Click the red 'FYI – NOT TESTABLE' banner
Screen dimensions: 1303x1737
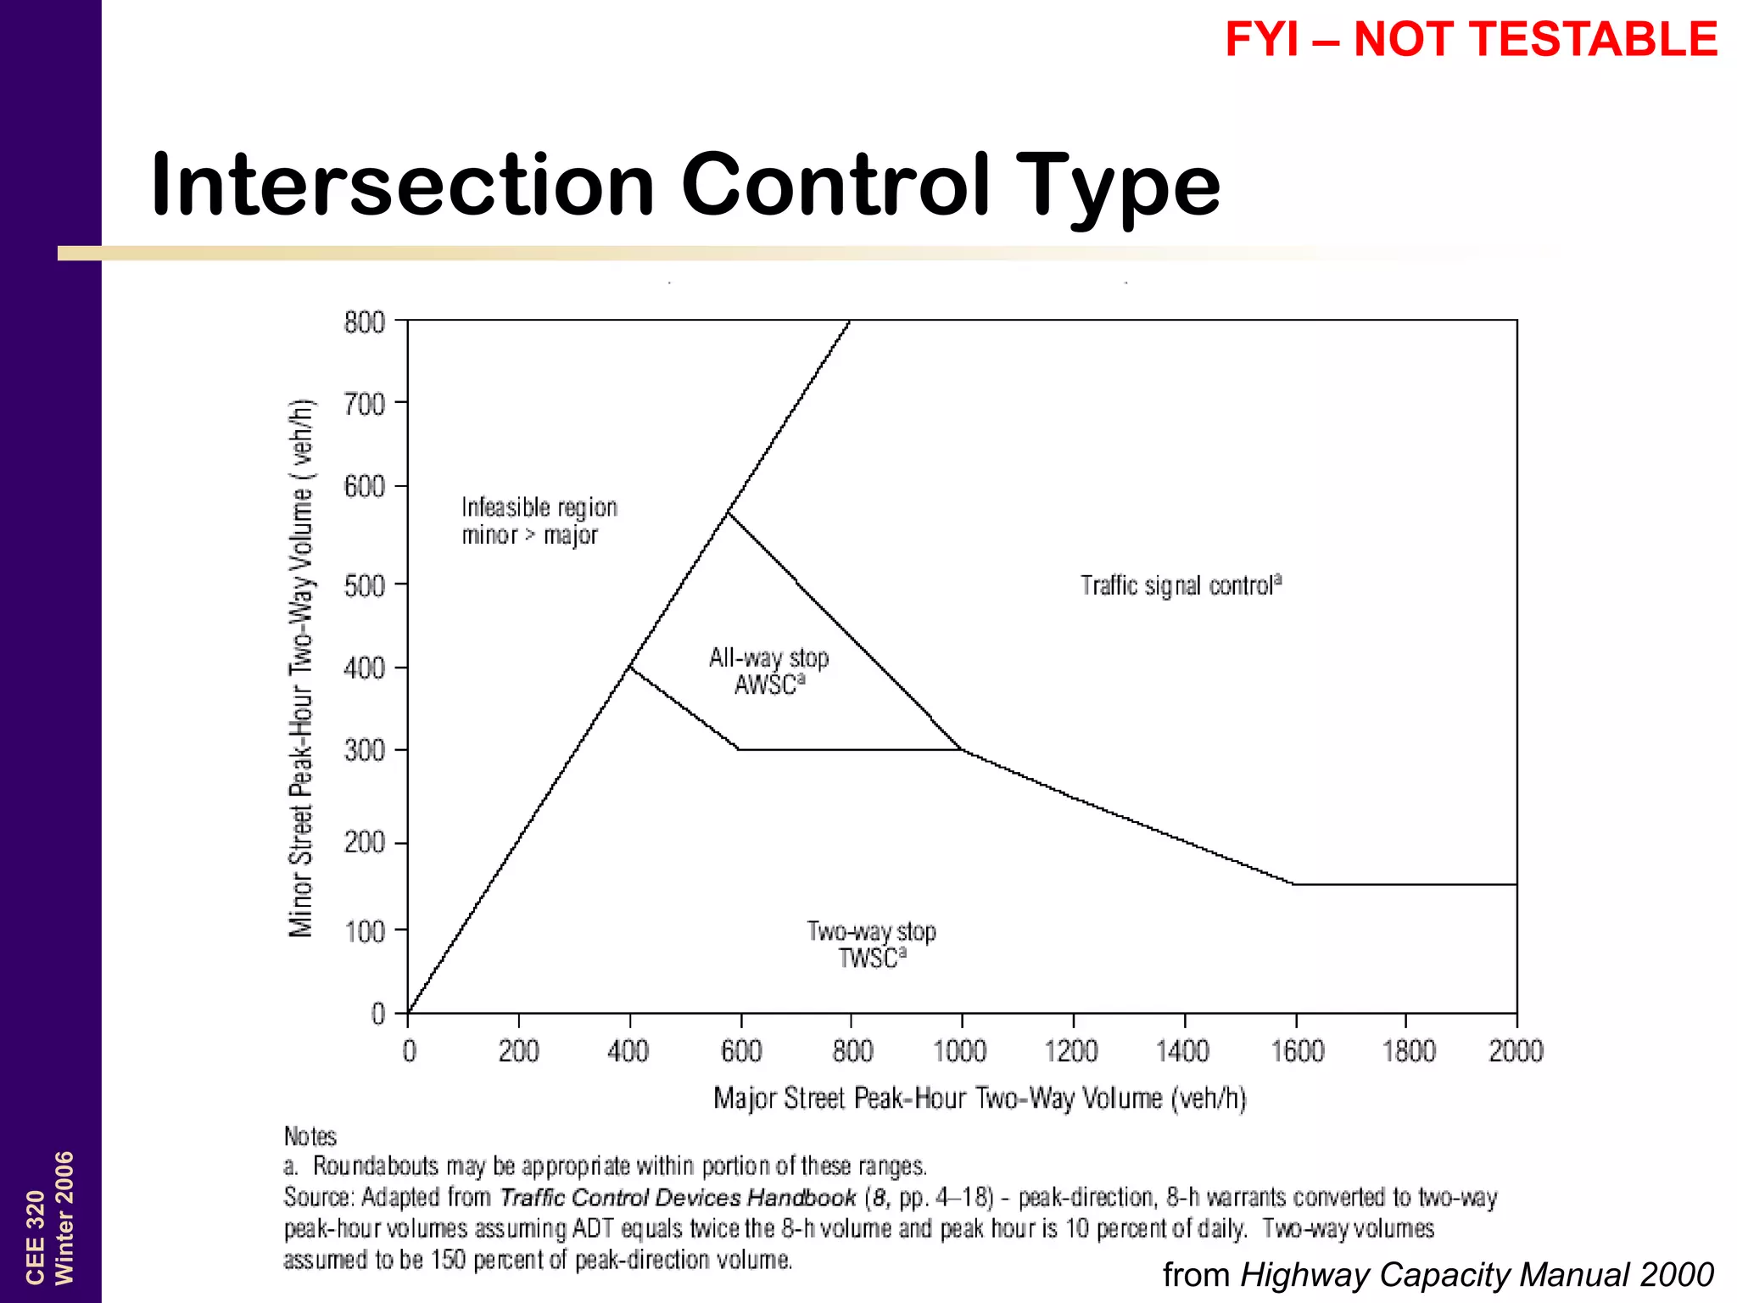point(1471,40)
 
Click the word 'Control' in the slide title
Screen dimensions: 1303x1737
point(835,185)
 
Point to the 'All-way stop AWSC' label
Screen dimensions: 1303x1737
point(768,671)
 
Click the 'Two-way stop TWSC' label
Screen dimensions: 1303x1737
point(871,944)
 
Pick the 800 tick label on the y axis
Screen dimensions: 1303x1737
point(364,322)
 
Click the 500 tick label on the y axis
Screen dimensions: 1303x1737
point(364,584)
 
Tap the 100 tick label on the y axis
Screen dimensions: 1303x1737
point(364,931)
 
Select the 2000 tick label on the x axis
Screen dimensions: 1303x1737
point(1516,1052)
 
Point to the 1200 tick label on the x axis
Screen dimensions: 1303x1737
point(1071,1052)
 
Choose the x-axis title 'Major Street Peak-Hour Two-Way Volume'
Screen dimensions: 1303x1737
point(980,1099)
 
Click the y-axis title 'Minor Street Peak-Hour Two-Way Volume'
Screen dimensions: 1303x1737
point(302,668)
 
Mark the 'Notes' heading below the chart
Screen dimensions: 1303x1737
point(310,1137)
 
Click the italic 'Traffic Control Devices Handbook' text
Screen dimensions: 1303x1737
point(678,1198)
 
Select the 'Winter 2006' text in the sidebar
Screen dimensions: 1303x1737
point(64,1217)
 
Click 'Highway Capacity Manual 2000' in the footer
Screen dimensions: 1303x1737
point(1477,1275)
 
